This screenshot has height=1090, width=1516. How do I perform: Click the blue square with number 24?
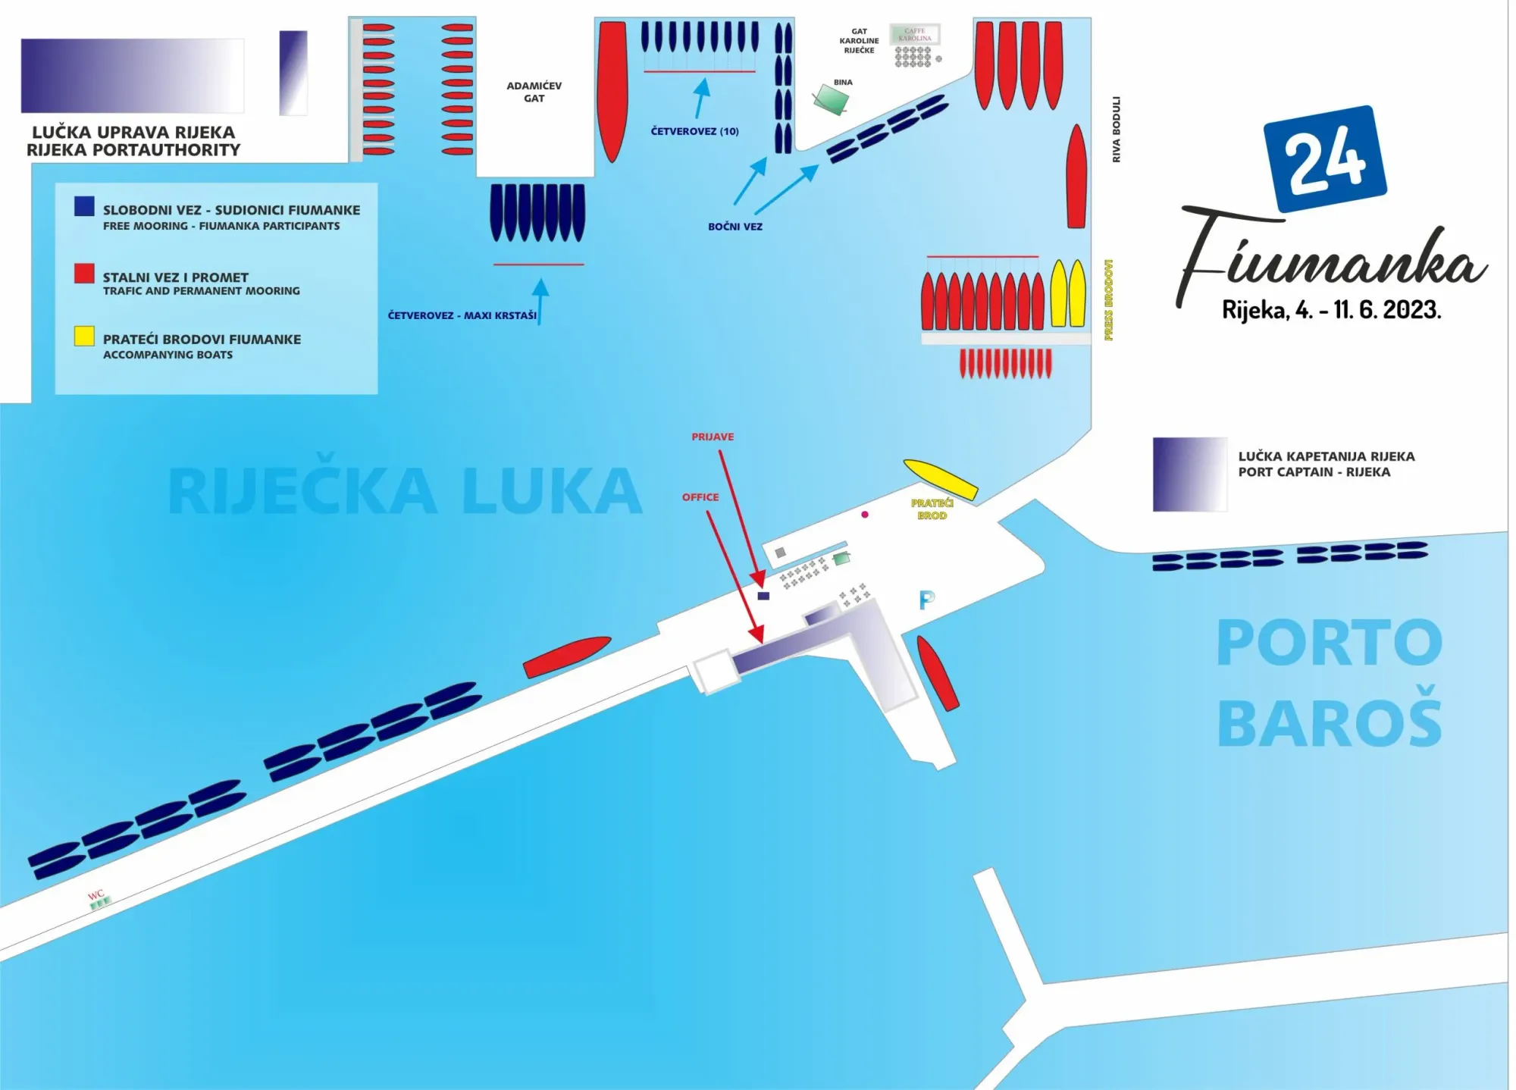(1324, 158)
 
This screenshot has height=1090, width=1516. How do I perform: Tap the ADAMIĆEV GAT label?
(534, 92)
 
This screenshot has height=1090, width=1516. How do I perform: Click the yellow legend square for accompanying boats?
(84, 337)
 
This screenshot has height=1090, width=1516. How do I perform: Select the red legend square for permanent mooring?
(84, 274)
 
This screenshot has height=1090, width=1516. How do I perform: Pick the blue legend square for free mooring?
(84, 206)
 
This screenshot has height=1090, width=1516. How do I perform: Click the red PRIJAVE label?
(713, 437)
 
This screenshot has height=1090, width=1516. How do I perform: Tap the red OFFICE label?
(700, 497)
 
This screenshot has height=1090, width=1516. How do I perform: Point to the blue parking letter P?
(926, 600)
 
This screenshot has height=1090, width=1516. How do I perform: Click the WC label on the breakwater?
(96, 894)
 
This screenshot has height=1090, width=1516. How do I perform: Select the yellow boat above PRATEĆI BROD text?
(940, 479)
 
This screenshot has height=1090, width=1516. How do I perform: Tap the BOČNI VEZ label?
(735, 227)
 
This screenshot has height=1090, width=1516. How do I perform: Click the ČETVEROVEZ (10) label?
(694, 131)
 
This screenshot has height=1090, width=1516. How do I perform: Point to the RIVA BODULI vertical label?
(1116, 129)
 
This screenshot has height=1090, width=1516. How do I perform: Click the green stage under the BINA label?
(831, 99)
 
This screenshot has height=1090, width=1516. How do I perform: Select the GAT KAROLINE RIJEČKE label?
(859, 41)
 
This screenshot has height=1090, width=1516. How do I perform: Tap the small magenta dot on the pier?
(865, 515)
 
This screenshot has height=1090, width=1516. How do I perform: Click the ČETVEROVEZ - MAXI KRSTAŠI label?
(462, 315)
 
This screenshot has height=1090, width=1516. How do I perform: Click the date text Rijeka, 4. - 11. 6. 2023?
(1331, 310)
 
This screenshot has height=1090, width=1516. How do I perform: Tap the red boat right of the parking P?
(938, 673)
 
